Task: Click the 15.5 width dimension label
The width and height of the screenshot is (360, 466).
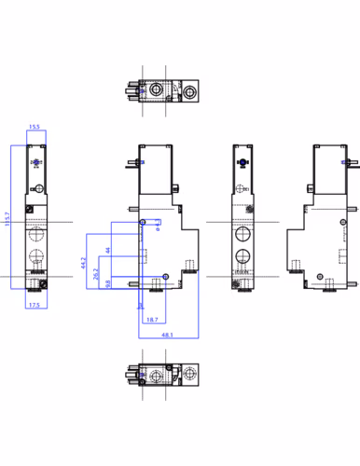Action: [x=35, y=127]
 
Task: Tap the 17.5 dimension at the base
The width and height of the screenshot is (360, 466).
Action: [x=35, y=305]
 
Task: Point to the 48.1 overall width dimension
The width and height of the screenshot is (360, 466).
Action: [x=168, y=336]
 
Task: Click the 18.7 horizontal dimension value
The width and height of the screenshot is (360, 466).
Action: [x=153, y=320]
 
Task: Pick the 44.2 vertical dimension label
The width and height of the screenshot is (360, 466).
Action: [x=84, y=265]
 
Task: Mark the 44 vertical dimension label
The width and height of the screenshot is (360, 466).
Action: [x=109, y=250]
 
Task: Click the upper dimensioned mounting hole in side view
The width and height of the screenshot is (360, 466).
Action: [x=142, y=223]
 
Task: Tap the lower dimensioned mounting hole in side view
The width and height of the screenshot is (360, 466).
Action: [x=165, y=277]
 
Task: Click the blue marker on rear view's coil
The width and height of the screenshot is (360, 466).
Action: [x=242, y=162]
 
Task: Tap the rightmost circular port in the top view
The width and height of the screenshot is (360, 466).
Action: [x=191, y=93]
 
